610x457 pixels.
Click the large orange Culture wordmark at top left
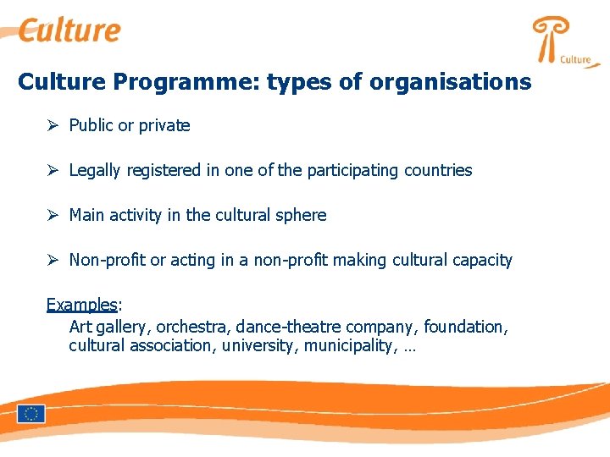pyautogui.click(x=69, y=30)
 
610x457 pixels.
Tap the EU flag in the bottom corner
pyautogui.click(x=31, y=414)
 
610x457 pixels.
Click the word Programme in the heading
pyautogui.click(x=186, y=82)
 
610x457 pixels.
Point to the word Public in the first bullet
pyautogui.click(x=91, y=125)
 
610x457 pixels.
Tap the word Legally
pyautogui.click(x=95, y=170)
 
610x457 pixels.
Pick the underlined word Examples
pyautogui.click(x=81, y=305)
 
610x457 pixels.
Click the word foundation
pyautogui.click(x=465, y=326)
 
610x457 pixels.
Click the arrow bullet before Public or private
pyautogui.click(x=52, y=125)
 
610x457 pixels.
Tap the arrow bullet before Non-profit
pyautogui.click(x=52, y=260)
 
